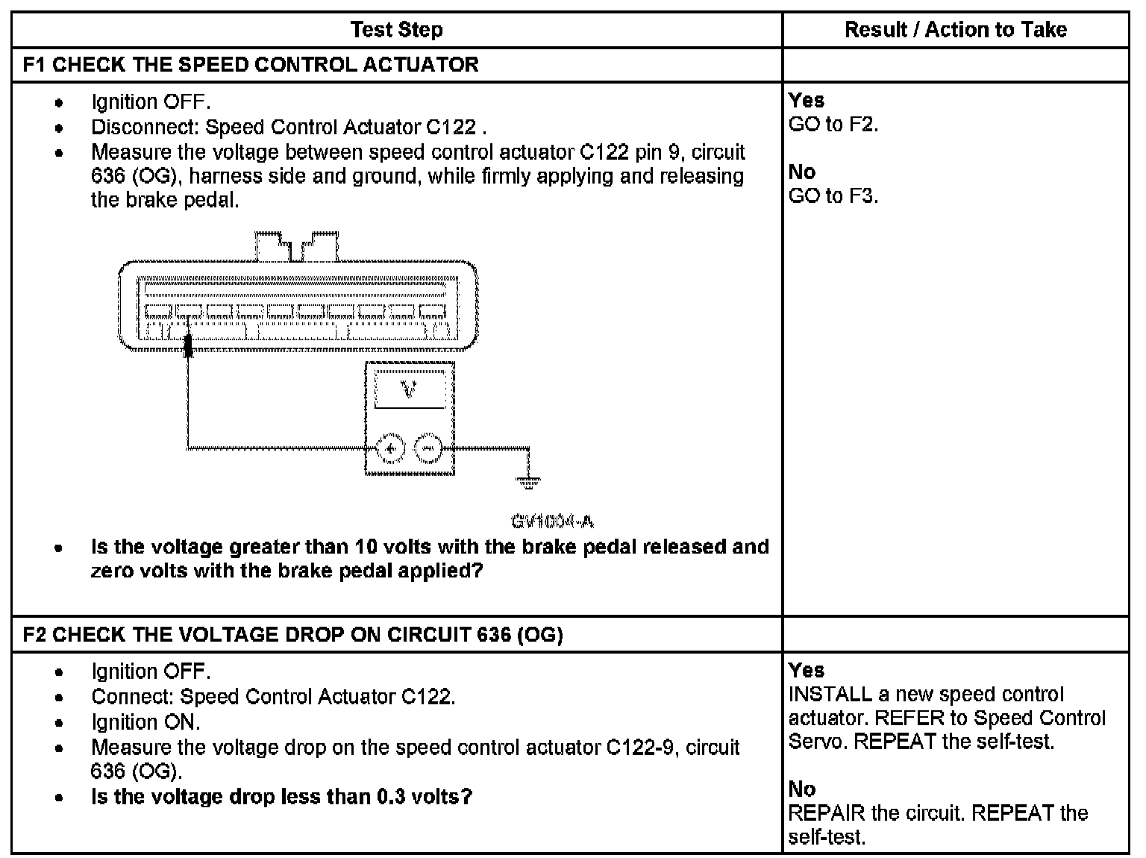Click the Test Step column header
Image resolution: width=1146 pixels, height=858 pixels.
point(396,30)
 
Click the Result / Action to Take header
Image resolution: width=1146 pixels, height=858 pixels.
point(955,30)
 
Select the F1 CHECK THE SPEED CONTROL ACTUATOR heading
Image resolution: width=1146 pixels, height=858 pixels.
point(251,65)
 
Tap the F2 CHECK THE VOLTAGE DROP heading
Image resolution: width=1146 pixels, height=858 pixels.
point(292,635)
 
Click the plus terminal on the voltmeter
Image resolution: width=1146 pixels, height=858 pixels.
point(389,448)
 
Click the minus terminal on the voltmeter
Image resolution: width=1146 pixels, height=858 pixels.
point(428,448)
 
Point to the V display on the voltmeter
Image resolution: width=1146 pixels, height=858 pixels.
point(409,389)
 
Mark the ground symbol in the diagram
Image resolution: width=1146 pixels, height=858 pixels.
point(528,482)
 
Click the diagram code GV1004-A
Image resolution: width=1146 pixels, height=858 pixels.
point(553,521)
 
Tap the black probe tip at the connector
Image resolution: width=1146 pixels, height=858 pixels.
point(189,345)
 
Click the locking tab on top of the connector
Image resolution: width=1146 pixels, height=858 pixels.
point(297,246)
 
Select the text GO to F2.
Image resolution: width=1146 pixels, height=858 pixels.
point(833,125)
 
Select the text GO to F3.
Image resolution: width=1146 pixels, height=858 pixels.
point(833,196)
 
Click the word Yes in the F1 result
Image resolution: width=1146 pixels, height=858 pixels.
point(806,101)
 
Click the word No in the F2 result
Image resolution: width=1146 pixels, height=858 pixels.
point(801,789)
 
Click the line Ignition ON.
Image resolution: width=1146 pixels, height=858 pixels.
point(145,722)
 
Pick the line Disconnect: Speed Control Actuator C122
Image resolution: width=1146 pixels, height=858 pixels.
point(289,127)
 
